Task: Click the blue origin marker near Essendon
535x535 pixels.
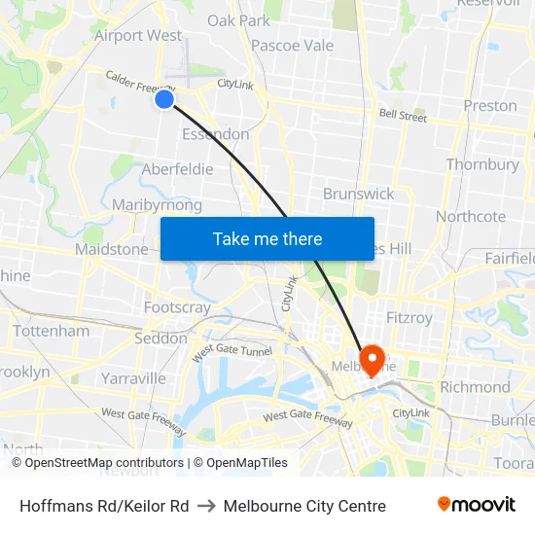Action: [x=164, y=98]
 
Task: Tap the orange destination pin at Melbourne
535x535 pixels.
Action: [x=372, y=359]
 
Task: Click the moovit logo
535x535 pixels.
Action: [x=477, y=505]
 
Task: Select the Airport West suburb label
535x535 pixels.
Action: [x=137, y=36]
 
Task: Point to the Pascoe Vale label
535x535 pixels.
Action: [x=292, y=46]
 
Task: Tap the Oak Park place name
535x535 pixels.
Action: [x=238, y=20]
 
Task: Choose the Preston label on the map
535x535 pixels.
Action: [x=490, y=106]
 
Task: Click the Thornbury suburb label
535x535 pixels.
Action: [x=482, y=164]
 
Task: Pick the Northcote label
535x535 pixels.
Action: [x=471, y=216]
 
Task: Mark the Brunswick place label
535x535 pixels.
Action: [x=359, y=194]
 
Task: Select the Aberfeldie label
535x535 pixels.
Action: [x=177, y=169]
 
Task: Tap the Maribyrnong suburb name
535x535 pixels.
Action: [x=157, y=205]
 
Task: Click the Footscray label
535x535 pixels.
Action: [x=177, y=307]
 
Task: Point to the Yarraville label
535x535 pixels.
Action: [x=133, y=377]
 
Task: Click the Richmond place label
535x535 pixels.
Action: [x=475, y=387]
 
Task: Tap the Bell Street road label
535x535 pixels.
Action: [x=403, y=117]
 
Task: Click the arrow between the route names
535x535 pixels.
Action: [x=206, y=506]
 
